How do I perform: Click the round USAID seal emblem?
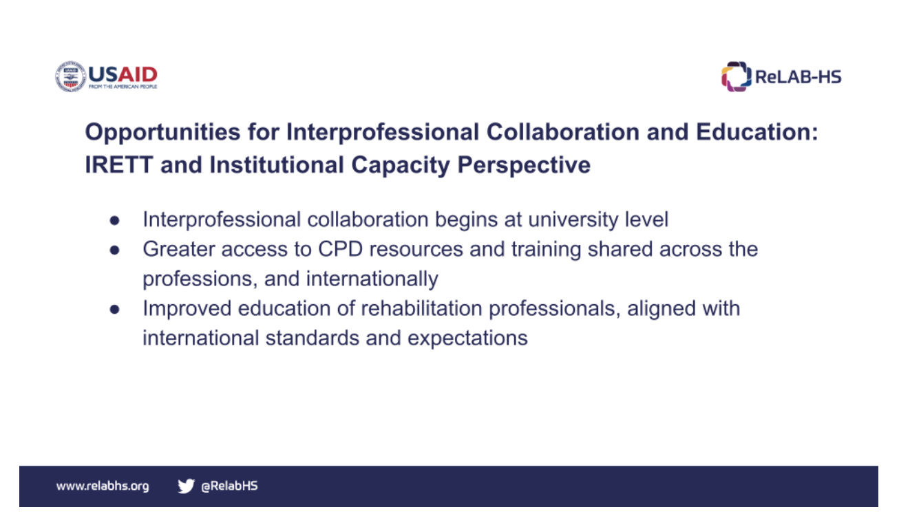click(x=71, y=76)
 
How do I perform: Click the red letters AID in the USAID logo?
click(x=137, y=74)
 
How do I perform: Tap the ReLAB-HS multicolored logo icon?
click(x=736, y=76)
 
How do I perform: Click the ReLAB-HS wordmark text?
click(x=798, y=77)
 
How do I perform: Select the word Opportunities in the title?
click(x=162, y=133)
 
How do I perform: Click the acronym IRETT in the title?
click(x=119, y=165)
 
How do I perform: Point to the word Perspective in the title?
click(x=524, y=166)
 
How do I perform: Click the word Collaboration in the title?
click(x=562, y=132)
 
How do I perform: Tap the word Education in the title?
click(x=757, y=132)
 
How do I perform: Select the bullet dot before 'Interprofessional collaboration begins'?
click(x=115, y=221)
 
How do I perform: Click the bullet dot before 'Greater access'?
click(x=115, y=250)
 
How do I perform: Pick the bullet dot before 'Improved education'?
click(x=115, y=310)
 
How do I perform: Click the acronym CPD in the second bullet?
click(x=340, y=249)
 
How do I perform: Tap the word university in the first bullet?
click(x=573, y=220)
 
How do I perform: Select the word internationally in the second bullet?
click(x=372, y=279)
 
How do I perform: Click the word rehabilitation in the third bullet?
click(x=421, y=308)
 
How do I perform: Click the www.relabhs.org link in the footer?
click(x=103, y=486)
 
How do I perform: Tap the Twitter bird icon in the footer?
click(x=187, y=486)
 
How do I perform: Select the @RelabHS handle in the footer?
click(x=229, y=486)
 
